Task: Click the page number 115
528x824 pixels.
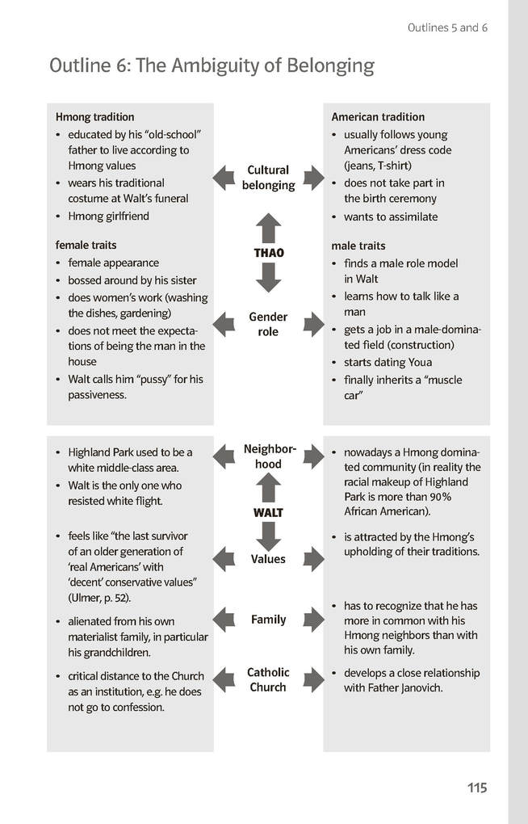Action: [476, 788]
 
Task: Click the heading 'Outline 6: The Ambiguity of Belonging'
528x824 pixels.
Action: [212, 65]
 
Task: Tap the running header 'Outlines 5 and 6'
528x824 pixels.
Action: [447, 27]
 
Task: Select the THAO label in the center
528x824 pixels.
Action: [269, 253]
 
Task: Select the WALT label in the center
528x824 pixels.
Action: [268, 513]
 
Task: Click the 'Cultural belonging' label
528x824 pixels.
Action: [268, 178]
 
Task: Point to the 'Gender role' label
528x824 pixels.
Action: [268, 325]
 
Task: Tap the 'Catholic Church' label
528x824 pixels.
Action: [268, 680]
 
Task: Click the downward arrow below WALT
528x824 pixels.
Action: [268, 536]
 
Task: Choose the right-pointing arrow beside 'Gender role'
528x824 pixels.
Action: [313, 325]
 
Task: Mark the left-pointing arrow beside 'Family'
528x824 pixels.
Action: [224, 620]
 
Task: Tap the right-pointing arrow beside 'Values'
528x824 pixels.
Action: [313, 559]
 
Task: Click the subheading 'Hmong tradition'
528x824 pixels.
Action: [94, 117]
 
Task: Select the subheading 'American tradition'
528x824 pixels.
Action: [378, 117]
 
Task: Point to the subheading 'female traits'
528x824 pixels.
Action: [86, 245]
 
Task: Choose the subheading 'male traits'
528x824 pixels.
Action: [358, 246]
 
